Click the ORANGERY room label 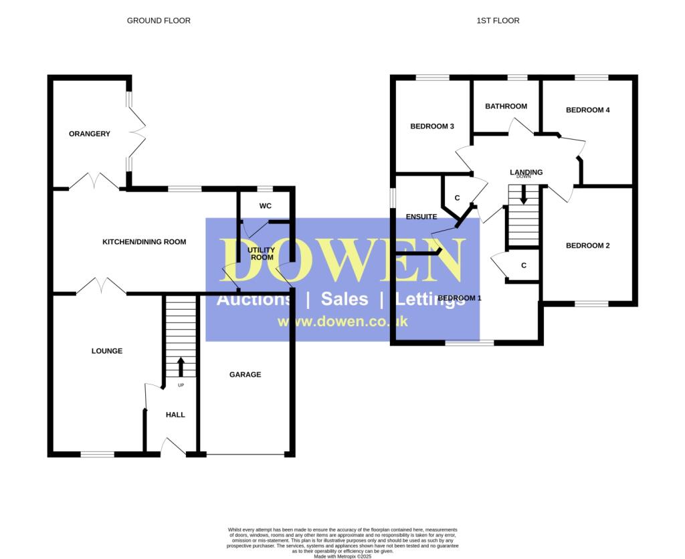tap(89, 134)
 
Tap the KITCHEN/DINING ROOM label tap(144, 241)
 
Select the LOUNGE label tap(107, 351)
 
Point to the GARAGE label tap(245, 374)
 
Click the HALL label tap(175, 415)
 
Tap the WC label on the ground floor tap(265, 206)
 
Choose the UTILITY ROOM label tap(261, 253)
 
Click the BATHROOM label tap(506, 106)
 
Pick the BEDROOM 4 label tap(587, 110)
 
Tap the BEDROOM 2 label tap(587, 245)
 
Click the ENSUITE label tap(421, 217)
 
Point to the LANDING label tap(526, 172)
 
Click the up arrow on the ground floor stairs tap(181, 366)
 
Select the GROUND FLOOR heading tap(159, 21)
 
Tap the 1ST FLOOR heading tap(498, 21)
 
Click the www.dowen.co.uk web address tap(342, 322)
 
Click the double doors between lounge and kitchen tap(101, 287)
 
